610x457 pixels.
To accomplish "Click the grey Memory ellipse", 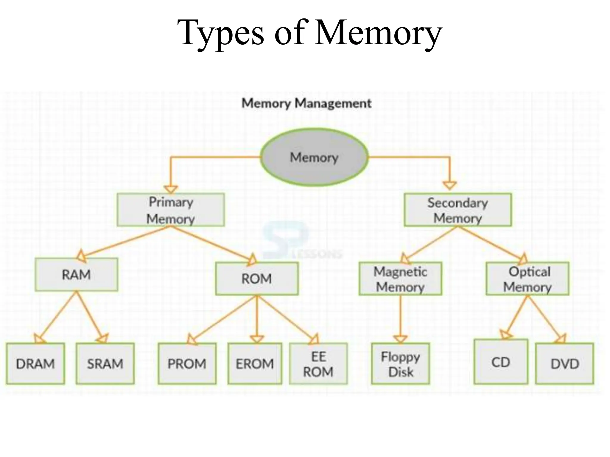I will point(314,157).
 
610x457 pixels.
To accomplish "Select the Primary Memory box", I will point(171,210).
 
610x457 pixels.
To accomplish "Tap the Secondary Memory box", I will point(458,210).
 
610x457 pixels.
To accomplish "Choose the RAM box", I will point(76,274).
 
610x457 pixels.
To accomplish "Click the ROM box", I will point(257,279).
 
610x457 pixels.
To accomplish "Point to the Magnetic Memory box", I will point(400,279).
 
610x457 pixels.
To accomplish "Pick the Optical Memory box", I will point(527,279).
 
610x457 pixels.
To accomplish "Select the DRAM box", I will point(35,364).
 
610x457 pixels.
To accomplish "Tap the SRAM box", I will point(105,364).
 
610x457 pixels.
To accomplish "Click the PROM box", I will point(187,364).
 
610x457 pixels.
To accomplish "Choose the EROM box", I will point(255,364).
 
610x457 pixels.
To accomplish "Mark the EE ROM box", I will point(318,364).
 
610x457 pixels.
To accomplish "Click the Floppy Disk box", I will point(400,364).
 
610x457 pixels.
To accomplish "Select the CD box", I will point(501,362).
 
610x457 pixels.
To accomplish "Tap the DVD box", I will point(564,364).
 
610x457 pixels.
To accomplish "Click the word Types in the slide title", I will point(220,33).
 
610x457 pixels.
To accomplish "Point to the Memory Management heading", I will point(306,103).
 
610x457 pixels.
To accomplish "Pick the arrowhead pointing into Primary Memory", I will point(171,189).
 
